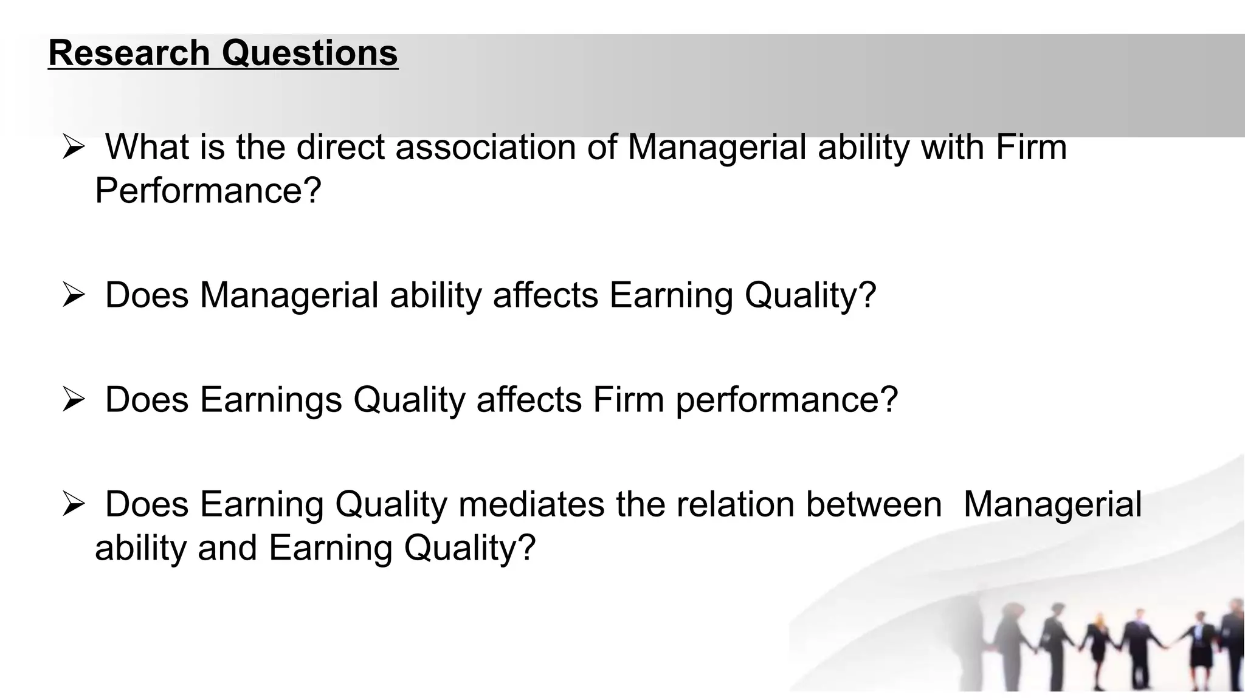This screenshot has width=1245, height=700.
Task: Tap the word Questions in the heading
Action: (x=309, y=53)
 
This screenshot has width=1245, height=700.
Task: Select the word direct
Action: (x=340, y=148)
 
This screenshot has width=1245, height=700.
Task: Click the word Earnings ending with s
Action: (x=271, y=400)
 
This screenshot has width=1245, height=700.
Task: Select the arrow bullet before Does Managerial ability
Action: (x=72, y=297)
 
